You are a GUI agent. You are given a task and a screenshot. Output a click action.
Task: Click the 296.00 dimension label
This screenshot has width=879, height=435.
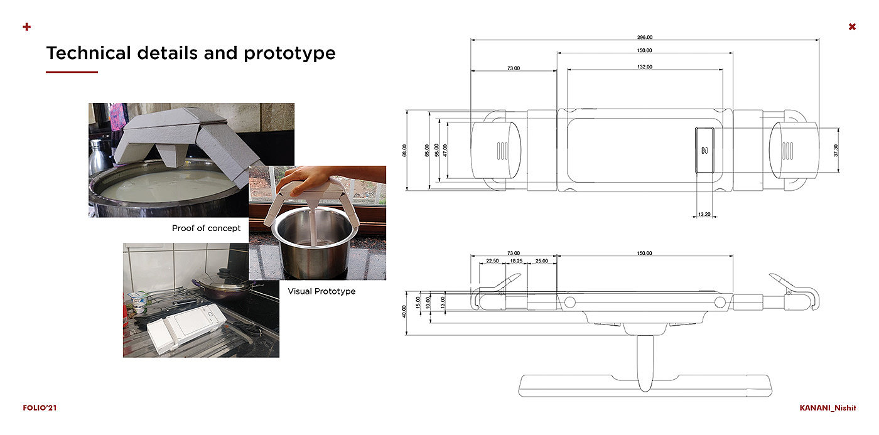tap(645, 37)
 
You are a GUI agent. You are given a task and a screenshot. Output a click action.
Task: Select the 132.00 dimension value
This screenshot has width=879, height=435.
tap(645, 67)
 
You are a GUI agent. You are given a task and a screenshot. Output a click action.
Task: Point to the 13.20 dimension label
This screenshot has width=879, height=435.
tap(704, 214)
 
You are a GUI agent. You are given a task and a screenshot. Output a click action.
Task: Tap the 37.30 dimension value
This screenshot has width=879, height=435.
tap(836, 150)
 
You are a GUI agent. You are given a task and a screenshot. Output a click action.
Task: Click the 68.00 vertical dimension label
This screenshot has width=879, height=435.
tap(404, 151)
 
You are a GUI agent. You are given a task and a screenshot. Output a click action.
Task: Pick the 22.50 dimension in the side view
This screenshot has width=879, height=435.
tap(492, 261)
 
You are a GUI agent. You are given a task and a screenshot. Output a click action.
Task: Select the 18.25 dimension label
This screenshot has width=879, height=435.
tap(516, 261)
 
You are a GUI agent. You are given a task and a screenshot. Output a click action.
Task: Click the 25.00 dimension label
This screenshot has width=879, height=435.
tap(542, 261)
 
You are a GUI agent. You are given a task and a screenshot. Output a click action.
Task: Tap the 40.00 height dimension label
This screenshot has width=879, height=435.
tap(404, 312)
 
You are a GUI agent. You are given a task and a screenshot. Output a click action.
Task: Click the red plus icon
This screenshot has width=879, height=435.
tap(26, 26)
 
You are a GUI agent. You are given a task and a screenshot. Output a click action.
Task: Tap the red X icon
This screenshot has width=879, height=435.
tap(852, 26)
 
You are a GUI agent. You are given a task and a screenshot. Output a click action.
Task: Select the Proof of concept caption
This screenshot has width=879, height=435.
tap(206, 228)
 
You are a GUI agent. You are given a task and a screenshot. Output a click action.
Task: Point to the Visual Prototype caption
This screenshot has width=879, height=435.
tap(321, 291)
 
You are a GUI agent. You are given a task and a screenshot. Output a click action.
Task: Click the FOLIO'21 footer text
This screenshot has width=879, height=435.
tap(40, 408)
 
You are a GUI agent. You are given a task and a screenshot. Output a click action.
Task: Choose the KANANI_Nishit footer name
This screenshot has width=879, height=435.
tap(828, 408)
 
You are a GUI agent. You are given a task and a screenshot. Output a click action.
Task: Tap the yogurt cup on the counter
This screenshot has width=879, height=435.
tap(138, 303)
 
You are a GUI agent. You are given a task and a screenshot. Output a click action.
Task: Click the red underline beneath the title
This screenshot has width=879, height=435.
tap(72, 72)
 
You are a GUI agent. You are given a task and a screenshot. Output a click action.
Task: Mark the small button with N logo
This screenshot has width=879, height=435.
tap(704, 150)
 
